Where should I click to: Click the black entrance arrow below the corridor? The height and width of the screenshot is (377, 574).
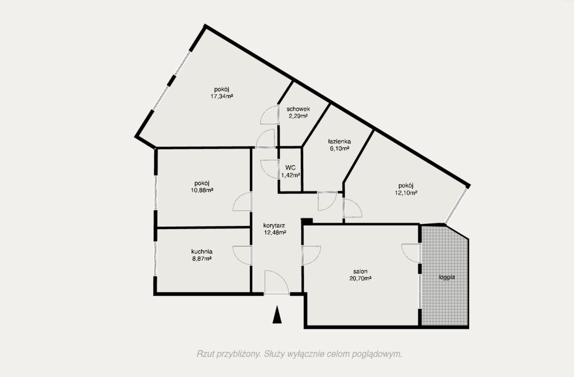(277, 315)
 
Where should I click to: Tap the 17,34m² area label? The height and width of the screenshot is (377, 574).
(222, 96)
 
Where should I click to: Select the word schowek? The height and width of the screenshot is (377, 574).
(298, 109)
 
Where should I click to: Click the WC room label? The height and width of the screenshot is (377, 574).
(290, 168)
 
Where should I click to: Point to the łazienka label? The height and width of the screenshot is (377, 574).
(339, 142)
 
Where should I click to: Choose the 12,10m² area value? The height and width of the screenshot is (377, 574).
(406, 193)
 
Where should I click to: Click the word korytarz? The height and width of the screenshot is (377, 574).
(274, 226)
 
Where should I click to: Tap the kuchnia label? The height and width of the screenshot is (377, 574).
(202, 252)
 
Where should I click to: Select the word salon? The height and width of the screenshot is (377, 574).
(360, 271)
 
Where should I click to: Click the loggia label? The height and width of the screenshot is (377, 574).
(447, 277)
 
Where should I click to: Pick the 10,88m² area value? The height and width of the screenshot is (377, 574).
(202, 190)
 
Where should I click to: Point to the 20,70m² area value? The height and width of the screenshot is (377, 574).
(360, 278)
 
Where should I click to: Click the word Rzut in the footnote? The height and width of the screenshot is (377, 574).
(204, 354)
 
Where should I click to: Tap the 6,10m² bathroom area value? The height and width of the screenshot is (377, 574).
(339, 148)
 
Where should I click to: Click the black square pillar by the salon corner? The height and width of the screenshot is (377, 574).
(307, 221)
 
